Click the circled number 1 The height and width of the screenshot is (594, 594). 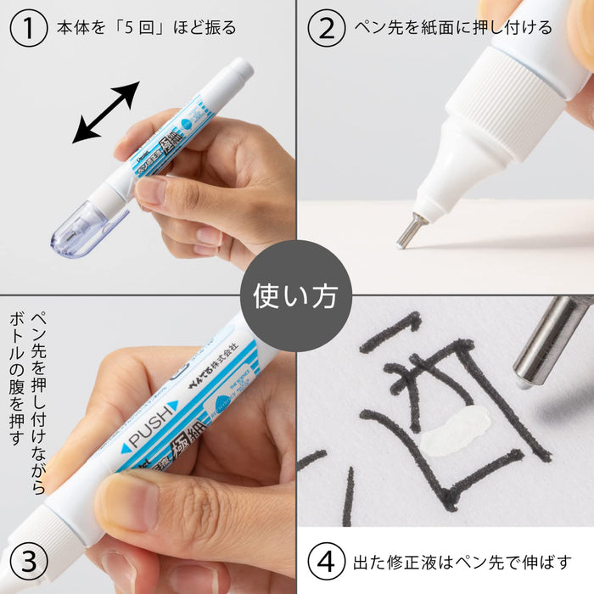click(x=28, y=27)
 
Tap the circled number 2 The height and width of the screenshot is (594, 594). click(x=326, y=27)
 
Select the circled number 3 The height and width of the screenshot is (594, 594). click(x=28, y=562)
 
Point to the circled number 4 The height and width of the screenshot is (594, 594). click(x=326, y=562)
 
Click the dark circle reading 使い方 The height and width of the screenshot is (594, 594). click(x=295, y=295)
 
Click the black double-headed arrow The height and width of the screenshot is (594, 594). click(x=105, y=112)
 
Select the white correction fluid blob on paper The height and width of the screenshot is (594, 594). click(x=454, y=430)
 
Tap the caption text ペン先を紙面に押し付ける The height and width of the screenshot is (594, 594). click(x=453, y=27)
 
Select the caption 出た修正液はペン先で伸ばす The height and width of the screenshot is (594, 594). click(x=462, y=562)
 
